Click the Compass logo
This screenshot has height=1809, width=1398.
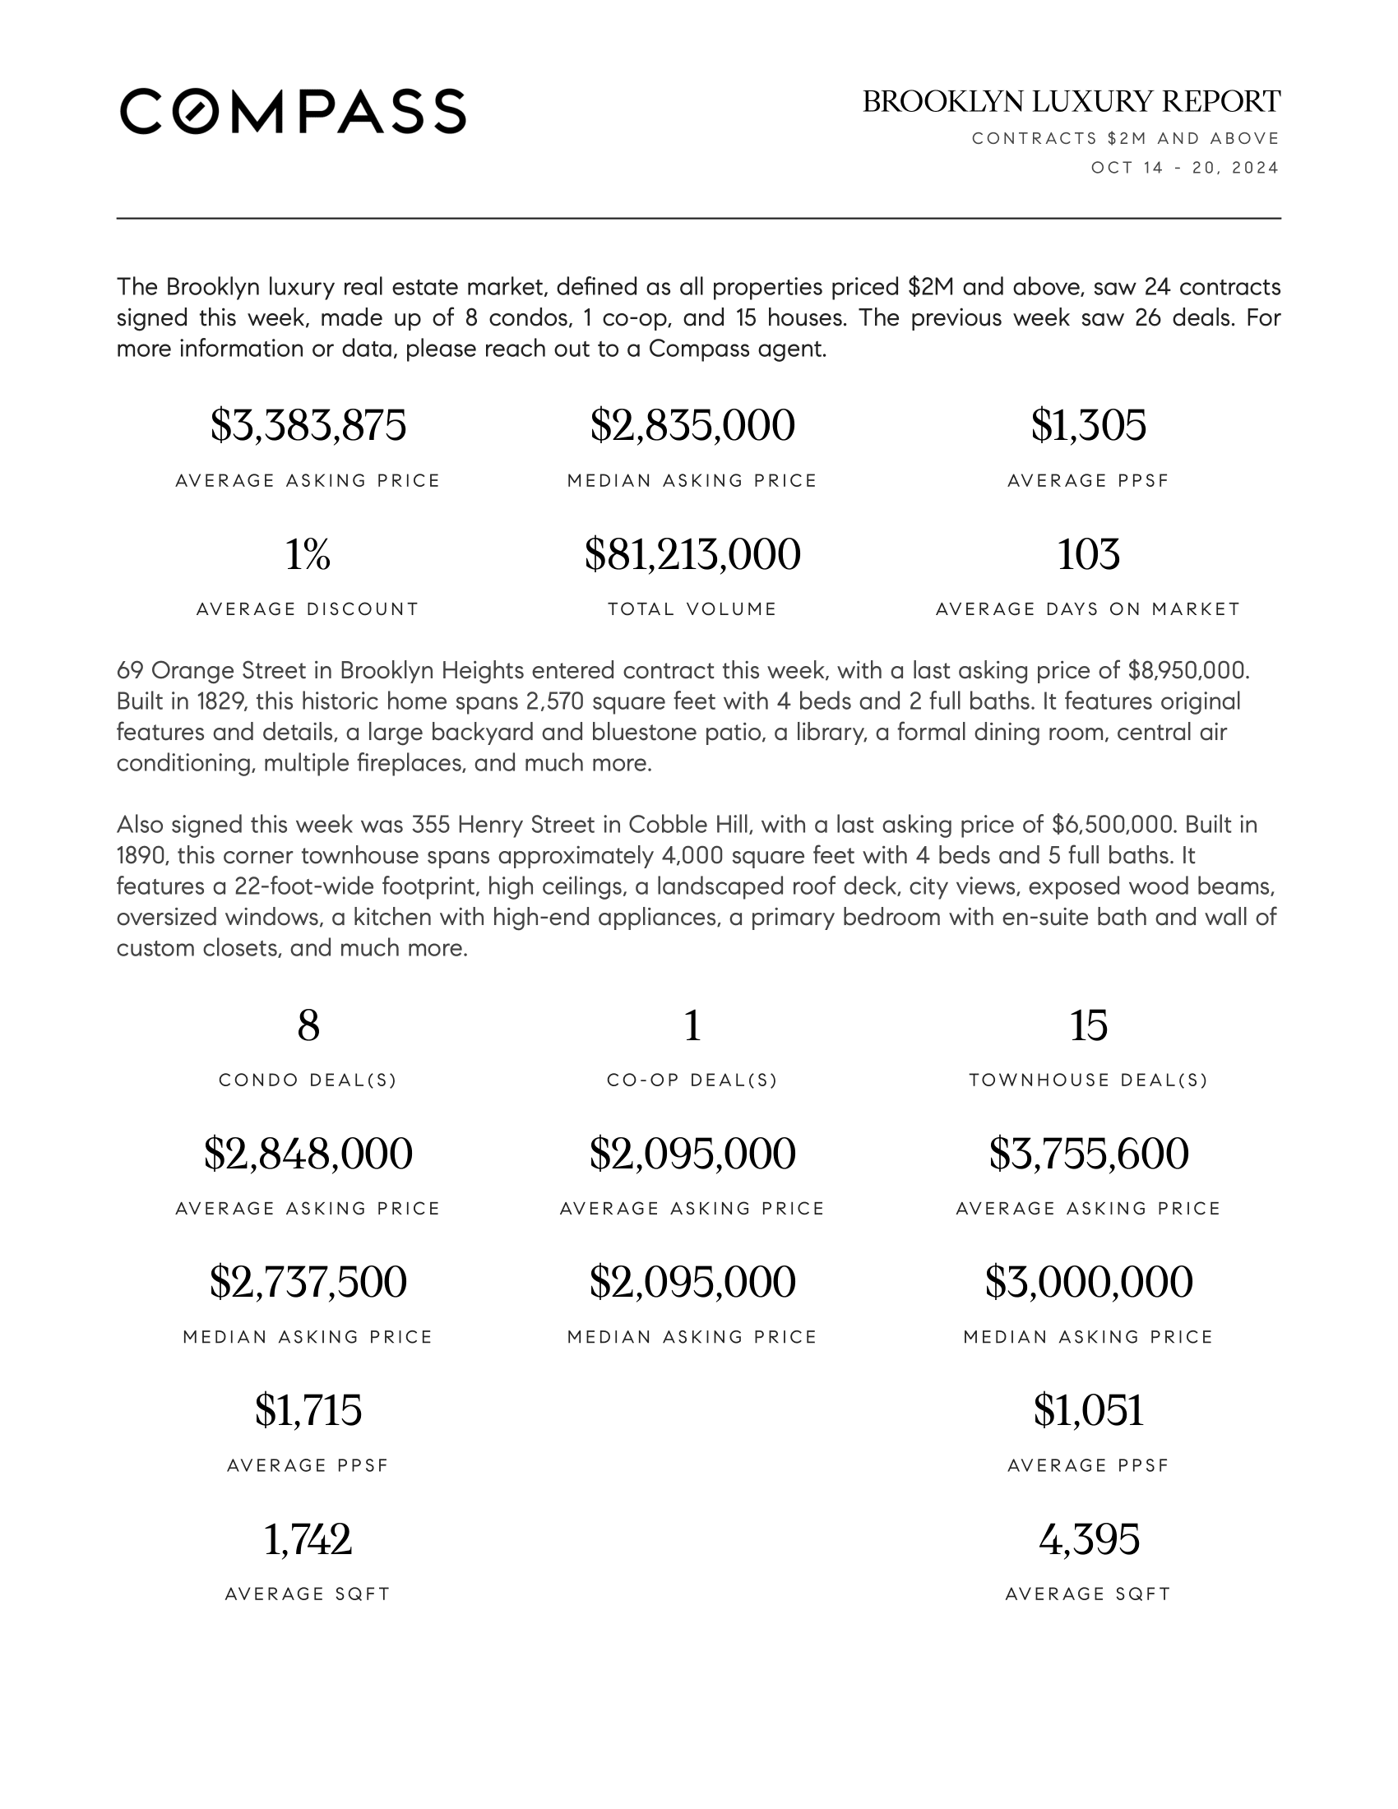[x=293, y=111]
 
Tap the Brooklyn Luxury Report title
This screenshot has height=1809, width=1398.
[x=1071, y=102]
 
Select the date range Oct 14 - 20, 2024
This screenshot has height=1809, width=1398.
[x=1184, y=168]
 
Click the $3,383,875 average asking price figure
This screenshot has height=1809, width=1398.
[x=308, y=426]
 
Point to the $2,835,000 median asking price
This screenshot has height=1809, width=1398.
[x=692, y=426]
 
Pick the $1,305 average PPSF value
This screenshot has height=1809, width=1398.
[x=1088, y=426]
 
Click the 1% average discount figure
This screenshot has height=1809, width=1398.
[x=308, y=554]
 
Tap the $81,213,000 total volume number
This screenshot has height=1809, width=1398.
[x=692, y=554]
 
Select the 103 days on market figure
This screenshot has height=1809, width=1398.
[x=1088, y=554]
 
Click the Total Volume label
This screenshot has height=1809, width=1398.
[x=692, y=609]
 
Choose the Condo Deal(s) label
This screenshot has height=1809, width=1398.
[x=308, y=1080]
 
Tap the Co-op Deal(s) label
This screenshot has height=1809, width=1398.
[x=692, y=1080]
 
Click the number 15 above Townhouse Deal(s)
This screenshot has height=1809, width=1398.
[x=1088, y=1026]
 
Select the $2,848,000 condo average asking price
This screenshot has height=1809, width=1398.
[x=308, y=1154]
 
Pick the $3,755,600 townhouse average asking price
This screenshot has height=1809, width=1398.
[x=1088, y=1154]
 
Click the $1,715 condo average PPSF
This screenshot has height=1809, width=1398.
[x=308, y=1410]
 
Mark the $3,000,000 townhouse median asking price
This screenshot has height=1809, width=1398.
[x=1088, y=1282]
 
